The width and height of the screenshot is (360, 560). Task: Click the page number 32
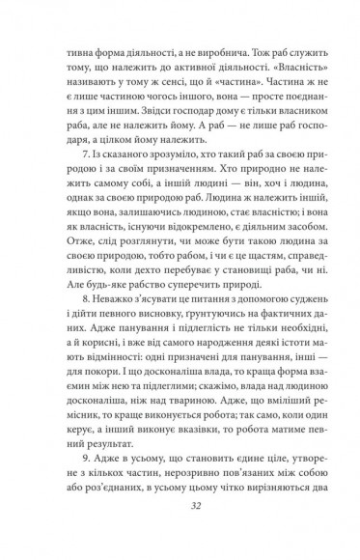(x=180, y=528)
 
